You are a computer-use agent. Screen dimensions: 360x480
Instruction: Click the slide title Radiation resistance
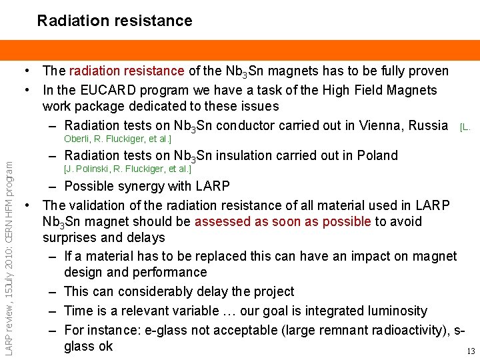coord(115,21)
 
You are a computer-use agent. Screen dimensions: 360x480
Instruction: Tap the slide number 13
coord(471,351)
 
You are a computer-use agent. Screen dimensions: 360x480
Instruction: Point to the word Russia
coord(428,125)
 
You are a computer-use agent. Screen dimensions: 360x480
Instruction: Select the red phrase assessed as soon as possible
coord(282,221)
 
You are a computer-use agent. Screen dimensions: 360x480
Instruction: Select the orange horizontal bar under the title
coord(240,50)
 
